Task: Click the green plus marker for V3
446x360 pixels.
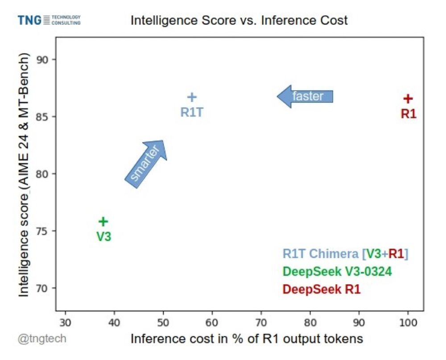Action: point(103,221)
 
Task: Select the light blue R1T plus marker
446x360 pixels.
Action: point(192,97)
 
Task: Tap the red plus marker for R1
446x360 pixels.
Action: point(408,99)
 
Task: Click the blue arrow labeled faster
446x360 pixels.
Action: point(306,96)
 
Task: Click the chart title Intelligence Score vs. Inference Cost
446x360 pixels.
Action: point(239,21)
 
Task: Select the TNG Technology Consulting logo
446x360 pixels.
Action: point(49,20)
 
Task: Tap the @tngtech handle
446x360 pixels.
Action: point(42,339)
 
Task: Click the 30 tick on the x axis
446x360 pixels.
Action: point(66,322)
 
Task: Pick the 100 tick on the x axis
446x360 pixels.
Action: point(408,322)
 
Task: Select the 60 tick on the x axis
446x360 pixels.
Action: point(212,322)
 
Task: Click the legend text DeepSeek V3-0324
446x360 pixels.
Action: point(337,272)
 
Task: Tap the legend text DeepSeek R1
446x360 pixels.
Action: point(321,290)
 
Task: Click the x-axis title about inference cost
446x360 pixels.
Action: point(247,339)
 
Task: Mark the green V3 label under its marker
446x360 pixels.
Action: point(103,237)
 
